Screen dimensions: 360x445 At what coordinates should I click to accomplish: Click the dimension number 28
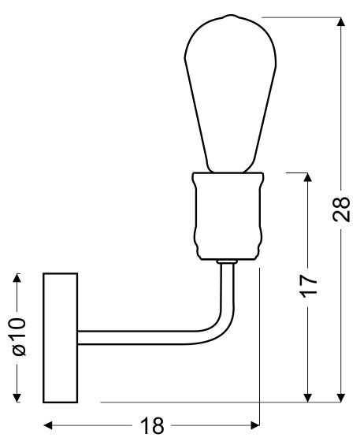(341, 209)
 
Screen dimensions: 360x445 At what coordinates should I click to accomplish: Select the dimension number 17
(308, 287)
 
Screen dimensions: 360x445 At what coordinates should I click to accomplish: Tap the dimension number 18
(152, 425)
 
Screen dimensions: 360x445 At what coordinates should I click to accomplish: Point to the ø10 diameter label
(18, 337)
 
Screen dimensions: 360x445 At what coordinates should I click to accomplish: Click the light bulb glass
(230, 94)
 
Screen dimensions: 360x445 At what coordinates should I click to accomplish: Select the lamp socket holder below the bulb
(228, 216)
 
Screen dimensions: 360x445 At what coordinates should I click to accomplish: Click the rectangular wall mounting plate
(60, 338)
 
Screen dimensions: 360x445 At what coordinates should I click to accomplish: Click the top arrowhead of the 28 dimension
(341, 22)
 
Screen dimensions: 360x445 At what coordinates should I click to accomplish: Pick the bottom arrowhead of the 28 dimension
(341, 398)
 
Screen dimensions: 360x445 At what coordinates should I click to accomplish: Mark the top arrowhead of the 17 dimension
(308, 177)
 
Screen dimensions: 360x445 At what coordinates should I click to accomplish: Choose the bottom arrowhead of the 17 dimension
(308, 398)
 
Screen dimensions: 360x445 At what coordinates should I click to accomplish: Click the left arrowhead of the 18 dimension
(48, 425)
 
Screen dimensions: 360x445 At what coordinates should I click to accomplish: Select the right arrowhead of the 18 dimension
(255, 425)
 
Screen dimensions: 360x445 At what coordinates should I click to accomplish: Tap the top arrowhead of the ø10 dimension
(17, 278)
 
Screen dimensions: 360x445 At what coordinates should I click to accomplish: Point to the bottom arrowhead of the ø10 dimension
(17, 398)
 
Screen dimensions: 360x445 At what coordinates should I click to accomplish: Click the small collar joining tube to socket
(226, 261)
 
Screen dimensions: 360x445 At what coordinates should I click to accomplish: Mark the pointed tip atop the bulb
(231, 15)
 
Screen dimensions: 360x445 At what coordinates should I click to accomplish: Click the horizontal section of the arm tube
(136, 338)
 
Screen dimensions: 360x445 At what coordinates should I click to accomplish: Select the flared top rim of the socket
(228, 176)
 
